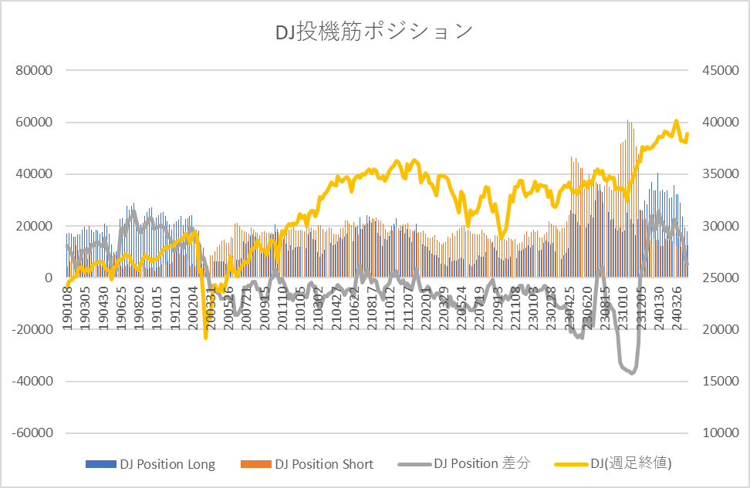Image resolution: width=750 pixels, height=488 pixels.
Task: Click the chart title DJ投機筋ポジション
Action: [x=374, y=32]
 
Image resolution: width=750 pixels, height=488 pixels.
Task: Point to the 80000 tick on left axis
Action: [x=34, y=70]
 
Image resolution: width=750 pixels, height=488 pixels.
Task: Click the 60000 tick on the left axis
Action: [x=34, y=123]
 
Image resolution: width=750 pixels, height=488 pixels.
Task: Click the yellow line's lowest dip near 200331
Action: [x=206, y=337]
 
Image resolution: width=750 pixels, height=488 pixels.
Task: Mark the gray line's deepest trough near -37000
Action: [x=632, y=373]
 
